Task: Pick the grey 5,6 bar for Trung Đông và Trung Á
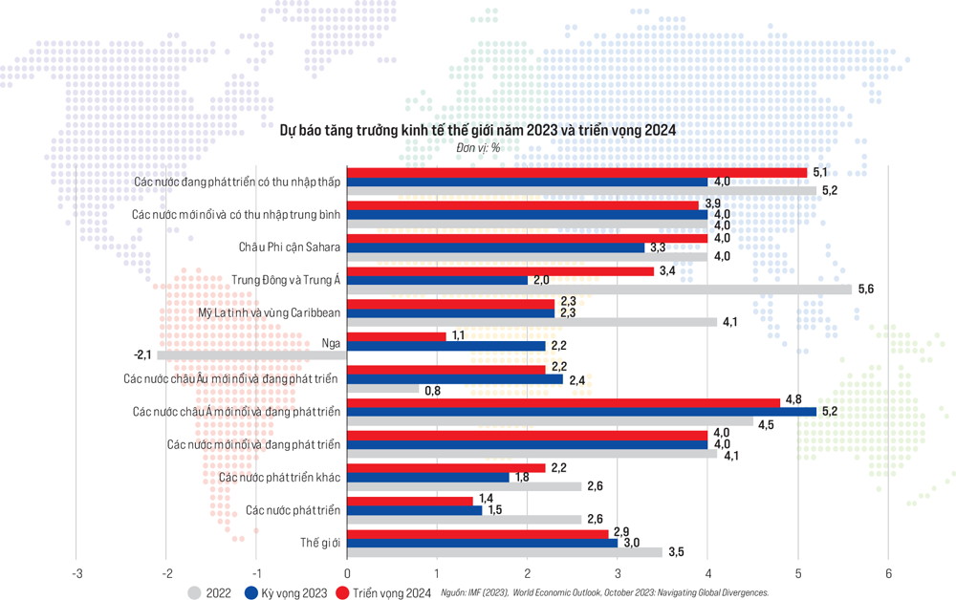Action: point(598,289)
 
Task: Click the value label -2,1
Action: point(142,355)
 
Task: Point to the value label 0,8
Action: point(431,389)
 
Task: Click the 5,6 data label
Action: point(866,289)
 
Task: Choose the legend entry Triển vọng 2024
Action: point(390,593)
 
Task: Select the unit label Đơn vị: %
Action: point(478,148)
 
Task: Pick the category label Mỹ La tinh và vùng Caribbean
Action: point(270,312)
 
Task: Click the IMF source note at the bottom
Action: point(605,593)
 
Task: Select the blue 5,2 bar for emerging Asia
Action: point(581,412)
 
